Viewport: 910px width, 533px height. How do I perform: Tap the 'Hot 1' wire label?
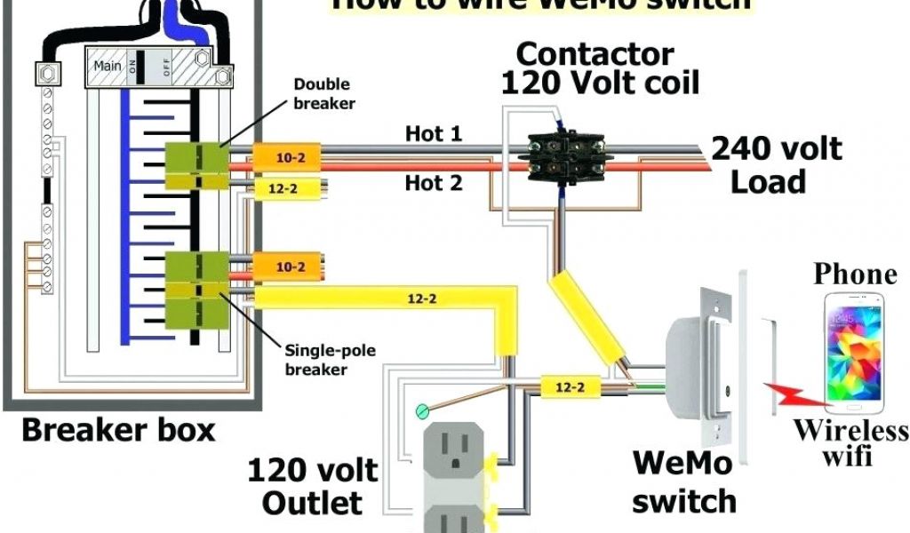(434, 134)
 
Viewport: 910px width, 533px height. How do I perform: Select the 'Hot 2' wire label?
(434, 183)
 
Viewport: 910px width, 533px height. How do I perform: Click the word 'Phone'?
(856, 273)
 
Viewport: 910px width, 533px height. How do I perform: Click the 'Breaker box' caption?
(118, 432)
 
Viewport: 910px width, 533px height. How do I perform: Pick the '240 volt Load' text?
(775, 164)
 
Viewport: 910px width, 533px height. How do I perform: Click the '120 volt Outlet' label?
(312, 486)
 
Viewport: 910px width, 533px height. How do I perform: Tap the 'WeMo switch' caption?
(683, 481)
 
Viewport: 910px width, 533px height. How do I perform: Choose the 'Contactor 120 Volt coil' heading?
(600, 68)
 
